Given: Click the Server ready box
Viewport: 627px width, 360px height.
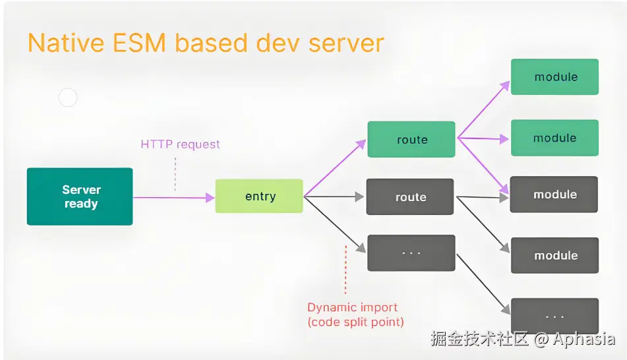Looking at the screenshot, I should [x=80, y=196].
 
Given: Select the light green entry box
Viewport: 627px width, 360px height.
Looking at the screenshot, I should [x=259, y=196].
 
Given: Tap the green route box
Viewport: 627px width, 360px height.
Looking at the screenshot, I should [x=411, y=139].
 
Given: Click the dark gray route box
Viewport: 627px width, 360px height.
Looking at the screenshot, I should [x=410, y=196].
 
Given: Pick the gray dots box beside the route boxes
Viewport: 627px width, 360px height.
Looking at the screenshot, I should [x=411, y=253].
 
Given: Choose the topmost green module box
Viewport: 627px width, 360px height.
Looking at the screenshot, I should [x=554, y=76].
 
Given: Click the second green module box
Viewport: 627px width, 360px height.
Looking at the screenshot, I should [x=554, y=138].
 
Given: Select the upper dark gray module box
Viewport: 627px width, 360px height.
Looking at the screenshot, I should [x=554, y=195].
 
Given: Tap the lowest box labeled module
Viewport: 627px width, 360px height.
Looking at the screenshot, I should [x=554, y=255].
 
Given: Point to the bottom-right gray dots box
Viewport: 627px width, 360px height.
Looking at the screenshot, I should [x=554, y=316].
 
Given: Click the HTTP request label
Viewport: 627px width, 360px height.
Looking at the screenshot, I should [x=180, y=144].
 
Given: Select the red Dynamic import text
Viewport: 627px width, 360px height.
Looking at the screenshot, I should [x=353, y=307].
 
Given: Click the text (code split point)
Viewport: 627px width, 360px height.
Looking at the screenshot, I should [x=355, y=322].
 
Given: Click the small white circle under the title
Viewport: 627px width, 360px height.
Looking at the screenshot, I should [x=68, y=98].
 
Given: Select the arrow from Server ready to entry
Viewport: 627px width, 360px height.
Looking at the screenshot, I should [x=173, y=196].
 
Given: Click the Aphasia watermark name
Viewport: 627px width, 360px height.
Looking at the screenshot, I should [x=583, y=340].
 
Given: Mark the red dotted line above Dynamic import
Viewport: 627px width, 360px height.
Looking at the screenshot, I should [x=345, y=270].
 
